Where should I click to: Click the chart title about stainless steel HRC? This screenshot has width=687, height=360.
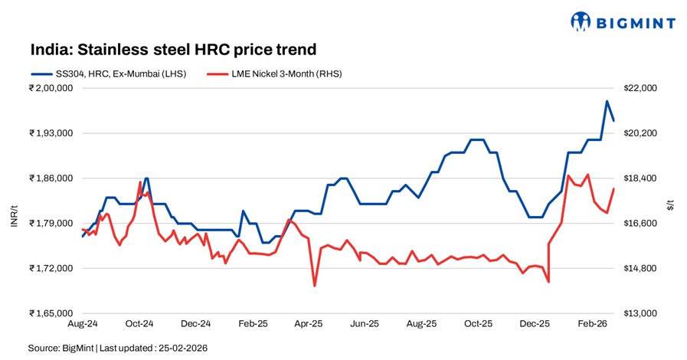(173, 50)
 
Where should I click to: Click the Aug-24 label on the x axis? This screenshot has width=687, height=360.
(83, 325)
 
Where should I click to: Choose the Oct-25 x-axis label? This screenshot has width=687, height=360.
(479, 325)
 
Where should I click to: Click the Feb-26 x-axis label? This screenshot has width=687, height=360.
(592, 325)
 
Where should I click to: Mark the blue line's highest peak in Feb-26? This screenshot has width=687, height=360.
(607, 101)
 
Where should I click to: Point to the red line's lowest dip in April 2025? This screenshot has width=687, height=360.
(315, 286)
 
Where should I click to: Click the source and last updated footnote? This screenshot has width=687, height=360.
(118, 348)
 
